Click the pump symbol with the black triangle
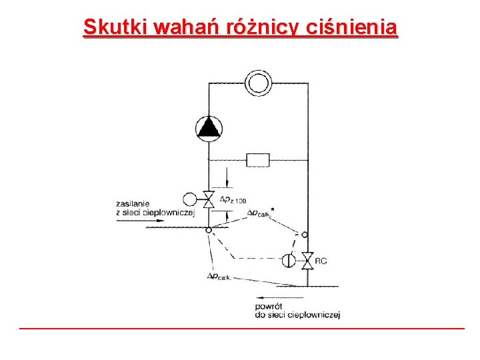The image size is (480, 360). pos(209,127)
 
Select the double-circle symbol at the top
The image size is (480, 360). pos(257,83)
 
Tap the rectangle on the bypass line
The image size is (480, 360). pos(258,160)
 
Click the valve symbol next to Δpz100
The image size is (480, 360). pos(209,199)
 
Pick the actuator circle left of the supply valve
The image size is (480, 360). pos(189,199)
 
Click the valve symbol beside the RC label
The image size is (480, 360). pos(307,260)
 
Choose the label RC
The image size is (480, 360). pos(321,261)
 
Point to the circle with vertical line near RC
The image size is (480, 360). pos(288,260)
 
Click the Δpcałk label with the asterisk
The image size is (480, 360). pos(261,213)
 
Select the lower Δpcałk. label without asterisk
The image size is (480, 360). pos(219,277)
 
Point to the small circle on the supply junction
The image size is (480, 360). pos(209,230)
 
